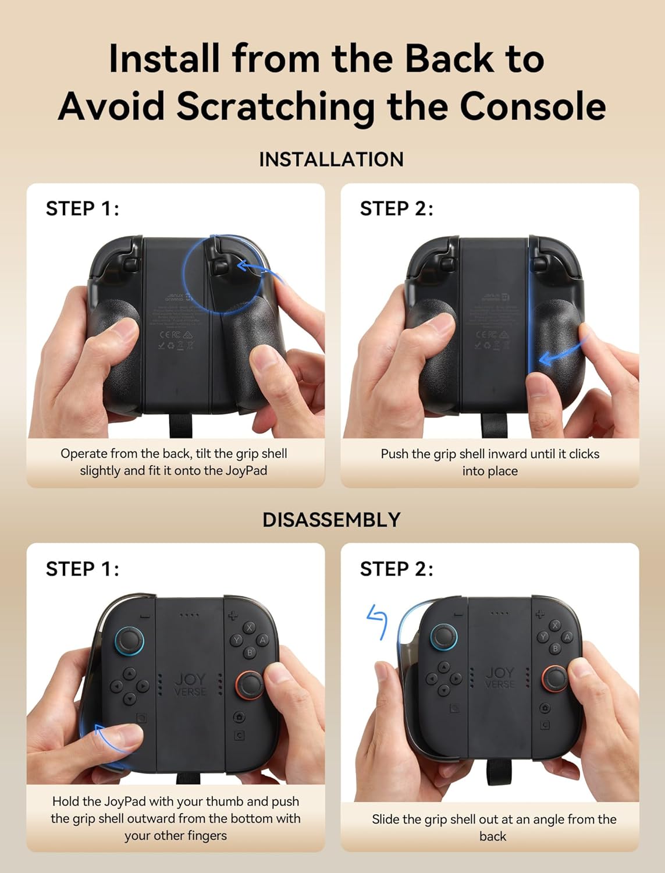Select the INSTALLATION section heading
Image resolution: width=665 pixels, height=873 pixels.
331,159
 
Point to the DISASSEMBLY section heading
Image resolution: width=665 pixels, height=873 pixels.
331,520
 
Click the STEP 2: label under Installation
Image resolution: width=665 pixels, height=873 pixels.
396,208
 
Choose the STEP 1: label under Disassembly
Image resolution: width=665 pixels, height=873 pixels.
82,569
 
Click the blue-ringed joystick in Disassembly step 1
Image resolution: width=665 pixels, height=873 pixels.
129,641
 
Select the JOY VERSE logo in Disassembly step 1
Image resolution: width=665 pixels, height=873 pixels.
190,684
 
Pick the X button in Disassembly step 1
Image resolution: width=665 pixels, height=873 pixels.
250,627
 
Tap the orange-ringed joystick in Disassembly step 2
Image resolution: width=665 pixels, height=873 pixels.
556,679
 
